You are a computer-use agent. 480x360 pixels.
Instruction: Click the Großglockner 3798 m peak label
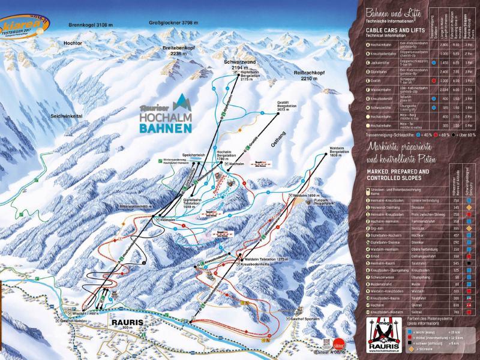173,23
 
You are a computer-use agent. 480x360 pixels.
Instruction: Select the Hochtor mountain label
73,44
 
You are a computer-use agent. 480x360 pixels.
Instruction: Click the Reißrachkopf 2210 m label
309,75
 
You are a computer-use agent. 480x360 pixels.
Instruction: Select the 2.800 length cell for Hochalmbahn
444,45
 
